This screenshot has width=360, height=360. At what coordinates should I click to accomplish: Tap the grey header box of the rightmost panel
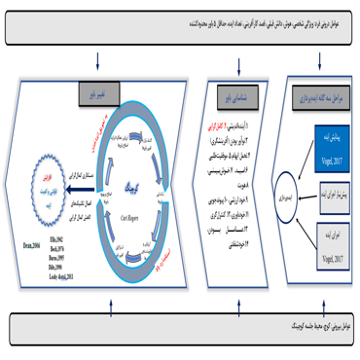coord(322,96)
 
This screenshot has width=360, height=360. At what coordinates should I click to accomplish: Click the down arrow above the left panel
coord(98,70)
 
